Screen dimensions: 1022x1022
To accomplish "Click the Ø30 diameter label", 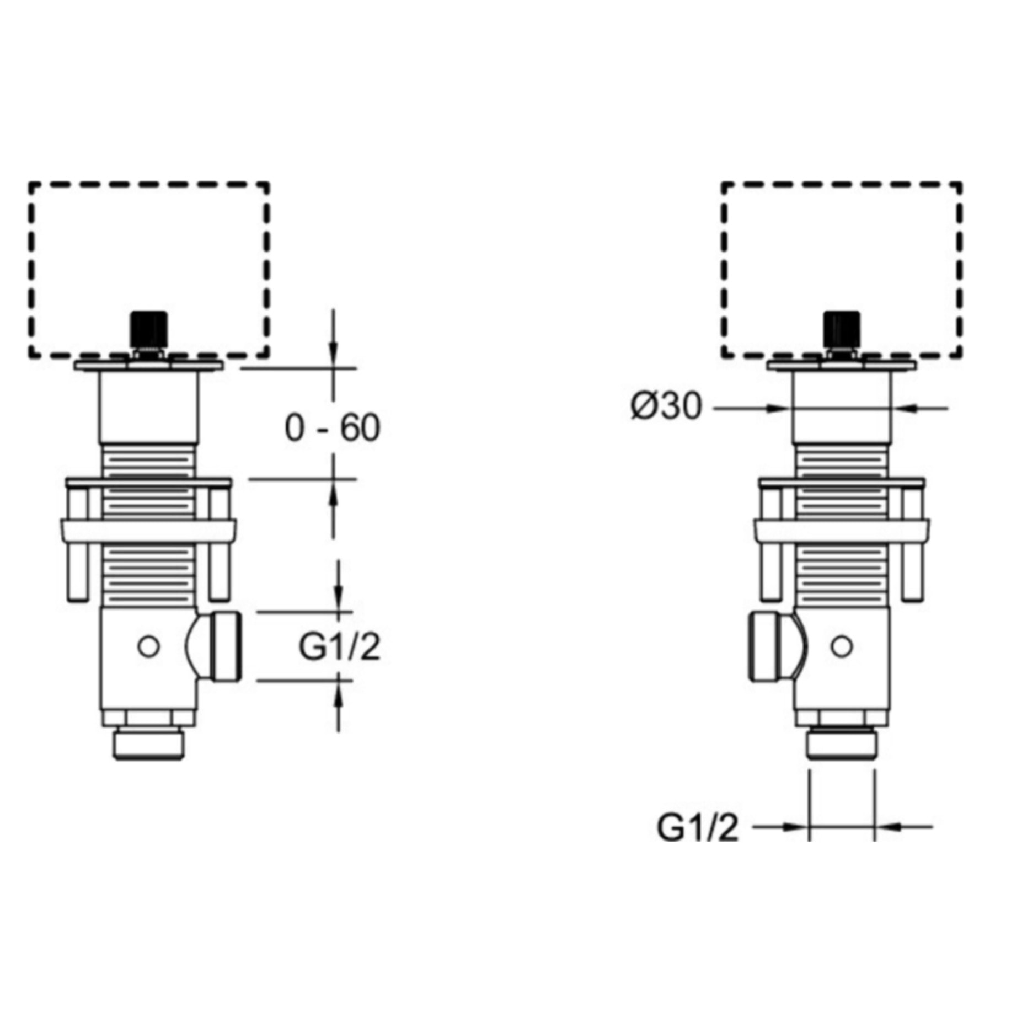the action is click(667, 407).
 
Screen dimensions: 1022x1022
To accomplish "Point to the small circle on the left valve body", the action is click(148, 646).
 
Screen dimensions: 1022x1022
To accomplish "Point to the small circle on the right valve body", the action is click(842, 646).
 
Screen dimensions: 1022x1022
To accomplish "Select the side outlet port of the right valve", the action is click(772, 646).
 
